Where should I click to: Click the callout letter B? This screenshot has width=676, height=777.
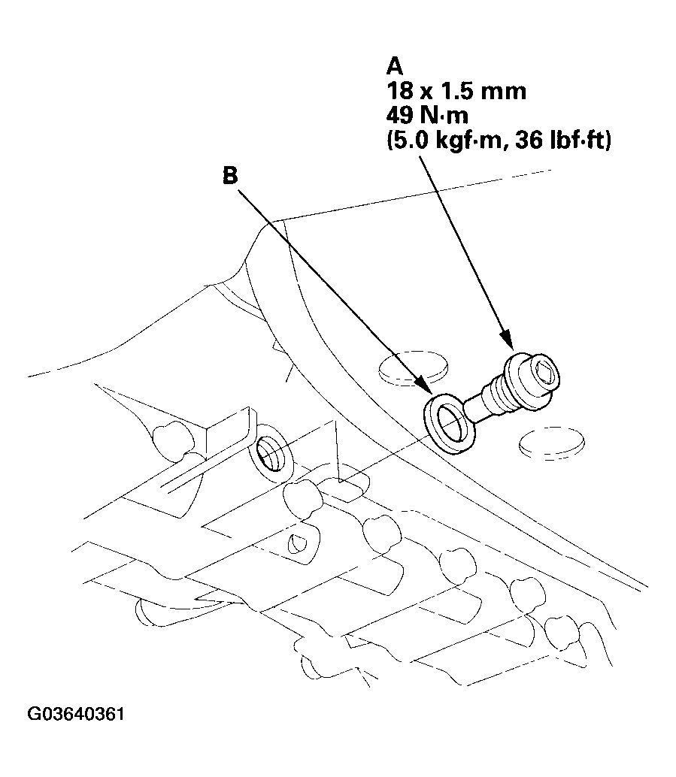(230, 175)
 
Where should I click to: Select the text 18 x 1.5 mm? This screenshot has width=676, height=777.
(445, 92)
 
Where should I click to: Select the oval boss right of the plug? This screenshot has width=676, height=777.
(552, 444)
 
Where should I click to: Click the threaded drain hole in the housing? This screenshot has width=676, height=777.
(268, 453)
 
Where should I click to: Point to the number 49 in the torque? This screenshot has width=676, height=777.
(398, 116)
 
